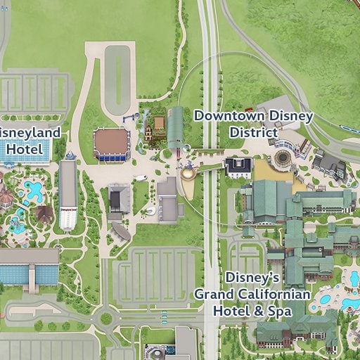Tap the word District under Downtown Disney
tap(254, 132)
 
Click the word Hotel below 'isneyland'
tap(25, 149)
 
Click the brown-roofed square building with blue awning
tap(112, 143)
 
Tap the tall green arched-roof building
tap(175, 127)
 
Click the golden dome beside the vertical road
tap(188, 172)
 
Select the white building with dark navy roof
tap(238, 167)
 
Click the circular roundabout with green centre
tap(106, 319)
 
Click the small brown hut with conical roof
tap(44, 213)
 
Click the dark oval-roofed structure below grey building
tap(121, 231)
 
